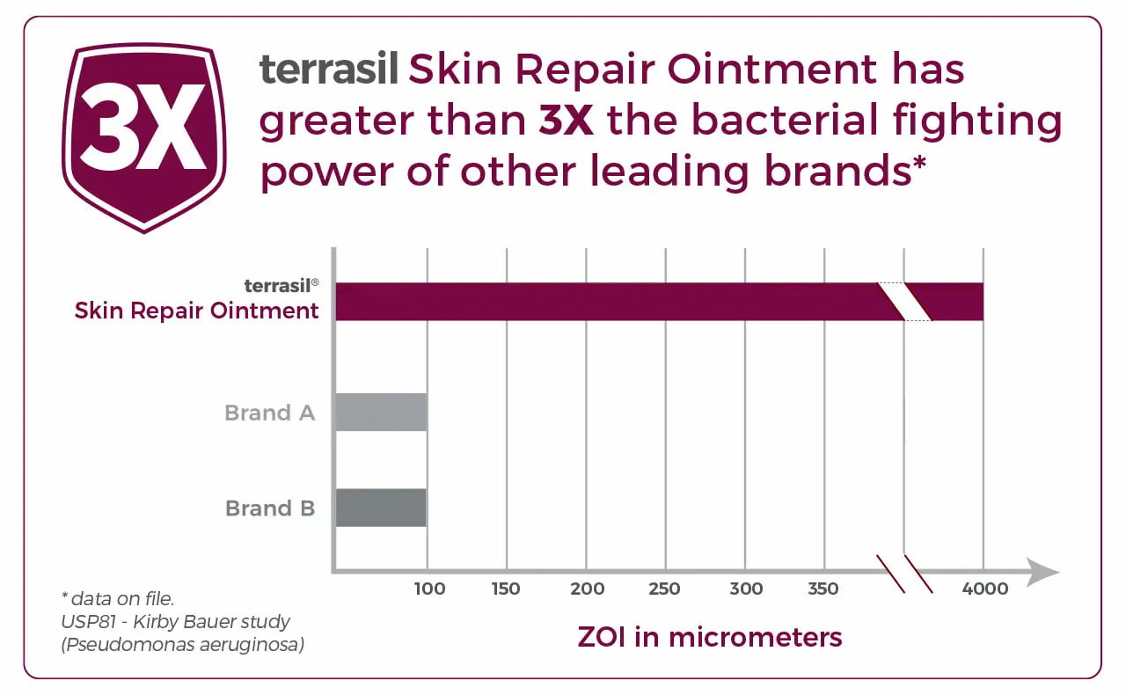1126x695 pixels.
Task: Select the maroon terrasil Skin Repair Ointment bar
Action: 659,302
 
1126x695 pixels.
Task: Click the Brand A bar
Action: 381,413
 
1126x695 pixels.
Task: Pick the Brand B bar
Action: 381,508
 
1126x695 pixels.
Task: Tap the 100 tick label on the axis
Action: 429,589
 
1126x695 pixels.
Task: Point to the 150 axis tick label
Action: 506,589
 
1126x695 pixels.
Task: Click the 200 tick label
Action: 587,589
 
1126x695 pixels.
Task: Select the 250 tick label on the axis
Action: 664,589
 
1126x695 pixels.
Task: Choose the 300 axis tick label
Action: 746,589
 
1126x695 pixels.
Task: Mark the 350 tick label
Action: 823,589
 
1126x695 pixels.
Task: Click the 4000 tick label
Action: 985,589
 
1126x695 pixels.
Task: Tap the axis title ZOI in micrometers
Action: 710,637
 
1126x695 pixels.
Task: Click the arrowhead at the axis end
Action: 1043,572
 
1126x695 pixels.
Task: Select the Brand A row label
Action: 270,413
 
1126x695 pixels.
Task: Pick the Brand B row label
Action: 270,508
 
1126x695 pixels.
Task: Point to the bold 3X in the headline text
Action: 566,120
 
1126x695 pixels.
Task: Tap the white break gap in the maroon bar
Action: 904,302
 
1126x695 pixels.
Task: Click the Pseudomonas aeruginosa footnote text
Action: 182,644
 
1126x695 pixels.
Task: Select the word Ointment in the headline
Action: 771,69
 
